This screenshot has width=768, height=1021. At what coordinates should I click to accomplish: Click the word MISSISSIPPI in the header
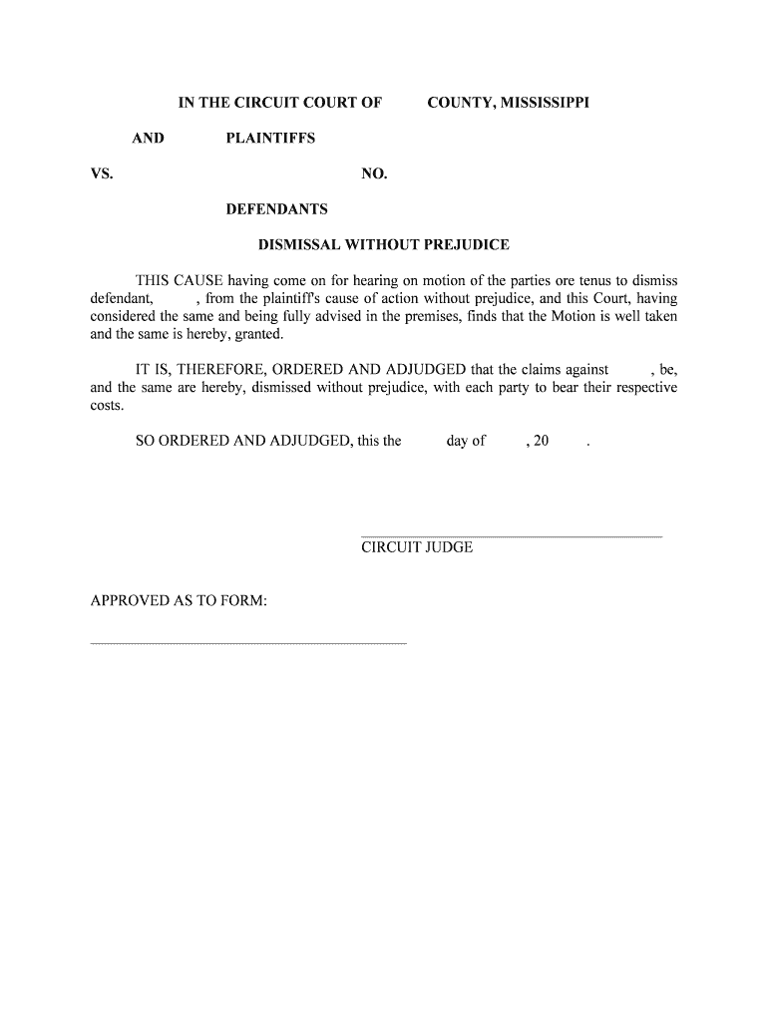pos(539,103)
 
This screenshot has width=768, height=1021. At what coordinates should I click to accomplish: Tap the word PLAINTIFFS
pos(270,139)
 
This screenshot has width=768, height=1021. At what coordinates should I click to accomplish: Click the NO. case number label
pos(374,174)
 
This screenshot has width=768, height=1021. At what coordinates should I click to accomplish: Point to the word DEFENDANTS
pos(276,210)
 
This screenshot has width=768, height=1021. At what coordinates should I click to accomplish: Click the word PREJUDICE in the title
pos(460,244)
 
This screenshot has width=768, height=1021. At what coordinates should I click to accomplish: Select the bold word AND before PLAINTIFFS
pos(148,139)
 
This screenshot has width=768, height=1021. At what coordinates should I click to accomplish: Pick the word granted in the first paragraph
pos(259,334)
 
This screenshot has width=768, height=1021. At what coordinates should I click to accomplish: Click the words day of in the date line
pos(466,441)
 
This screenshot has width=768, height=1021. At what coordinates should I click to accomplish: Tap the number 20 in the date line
pos(541,441)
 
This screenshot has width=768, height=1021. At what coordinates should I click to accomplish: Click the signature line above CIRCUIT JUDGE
pos(511,536)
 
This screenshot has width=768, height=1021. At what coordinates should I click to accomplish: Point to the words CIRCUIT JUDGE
pos(417,547)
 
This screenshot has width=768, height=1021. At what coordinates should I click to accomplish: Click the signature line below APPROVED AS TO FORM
pos(248,643)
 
